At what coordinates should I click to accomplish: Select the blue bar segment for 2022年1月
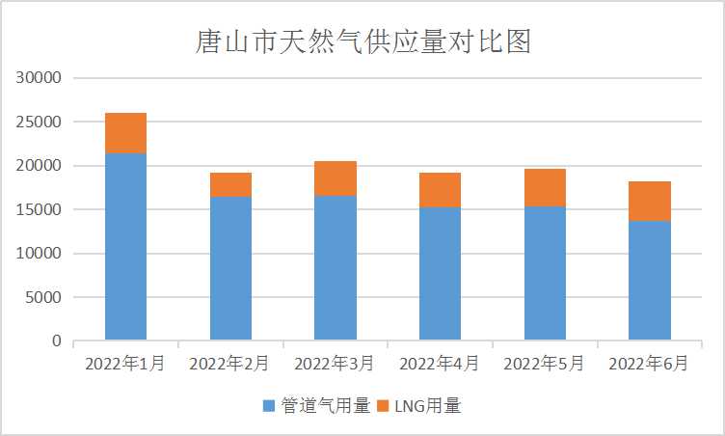(125, 246)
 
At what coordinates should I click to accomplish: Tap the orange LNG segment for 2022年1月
(125, 133)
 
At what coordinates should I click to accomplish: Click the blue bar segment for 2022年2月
(230, 268)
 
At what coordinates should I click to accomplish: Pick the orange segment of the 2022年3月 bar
(336, 178)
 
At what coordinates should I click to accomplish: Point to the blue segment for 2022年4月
(440, 274)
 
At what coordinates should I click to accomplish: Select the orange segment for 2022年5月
(545, 187)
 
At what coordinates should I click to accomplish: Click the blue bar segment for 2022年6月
(650, 281)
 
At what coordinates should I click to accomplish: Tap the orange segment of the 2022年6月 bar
(650, 201)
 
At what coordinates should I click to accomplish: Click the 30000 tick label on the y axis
(40, 78)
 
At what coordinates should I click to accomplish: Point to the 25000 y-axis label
(40, 123)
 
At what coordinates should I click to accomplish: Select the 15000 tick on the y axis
(40, 209)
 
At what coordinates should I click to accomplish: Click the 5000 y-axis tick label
(44, 297)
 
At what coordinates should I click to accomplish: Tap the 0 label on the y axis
(57, 341)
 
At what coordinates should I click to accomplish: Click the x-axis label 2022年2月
(229, 364)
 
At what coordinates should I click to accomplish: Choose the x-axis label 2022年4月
(440, 364)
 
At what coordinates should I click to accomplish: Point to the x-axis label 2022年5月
(545, 364)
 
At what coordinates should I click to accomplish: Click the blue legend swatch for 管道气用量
(268, 406)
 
